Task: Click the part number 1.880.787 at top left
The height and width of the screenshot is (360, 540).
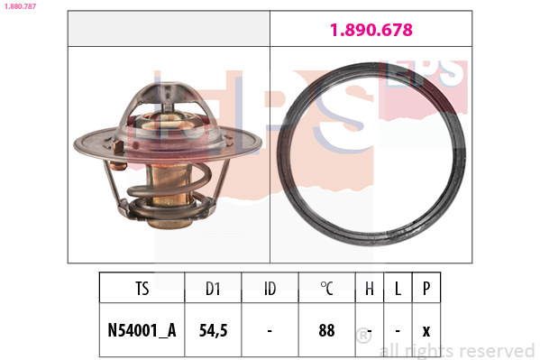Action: pyautogui.click(x=20, y=6)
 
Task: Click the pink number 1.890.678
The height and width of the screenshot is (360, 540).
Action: pyautogui.click(x=371, y=30)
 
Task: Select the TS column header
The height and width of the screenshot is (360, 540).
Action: pyautogui.click(x=142, y=289)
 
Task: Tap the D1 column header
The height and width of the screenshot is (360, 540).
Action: pyautogui.click(x=213, y=289)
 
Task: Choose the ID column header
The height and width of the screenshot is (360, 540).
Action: pyautogui.click(x=270, y=289)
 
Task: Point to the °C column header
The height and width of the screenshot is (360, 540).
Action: pyautogui.click(x=326, y=289)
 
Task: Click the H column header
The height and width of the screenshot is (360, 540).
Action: pyautogui.click(x=370, y=289)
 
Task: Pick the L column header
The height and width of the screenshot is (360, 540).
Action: pyautogui.click(x=398, y=289)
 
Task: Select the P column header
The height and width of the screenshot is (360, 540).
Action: pyautogui.click(x=426, y=289)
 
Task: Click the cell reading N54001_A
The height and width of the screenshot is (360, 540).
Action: pyautogui.click(x=142, y=330)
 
